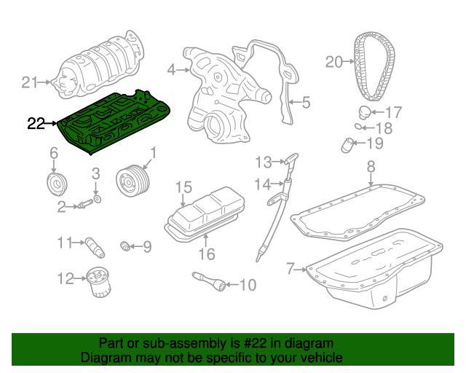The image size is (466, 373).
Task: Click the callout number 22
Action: pos(36,124)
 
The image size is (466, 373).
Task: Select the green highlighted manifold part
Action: pos(116,120)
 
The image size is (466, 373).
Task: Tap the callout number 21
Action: pos(29,82)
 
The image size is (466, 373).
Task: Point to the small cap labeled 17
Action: pos(363,111)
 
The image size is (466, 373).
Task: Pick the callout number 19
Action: pos(374,143)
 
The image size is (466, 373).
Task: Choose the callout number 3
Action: pos(95,173)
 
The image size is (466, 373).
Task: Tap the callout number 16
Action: pos(207,254)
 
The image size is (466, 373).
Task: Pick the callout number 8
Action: pos(370,166)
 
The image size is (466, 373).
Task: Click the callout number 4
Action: pos(172,70)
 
